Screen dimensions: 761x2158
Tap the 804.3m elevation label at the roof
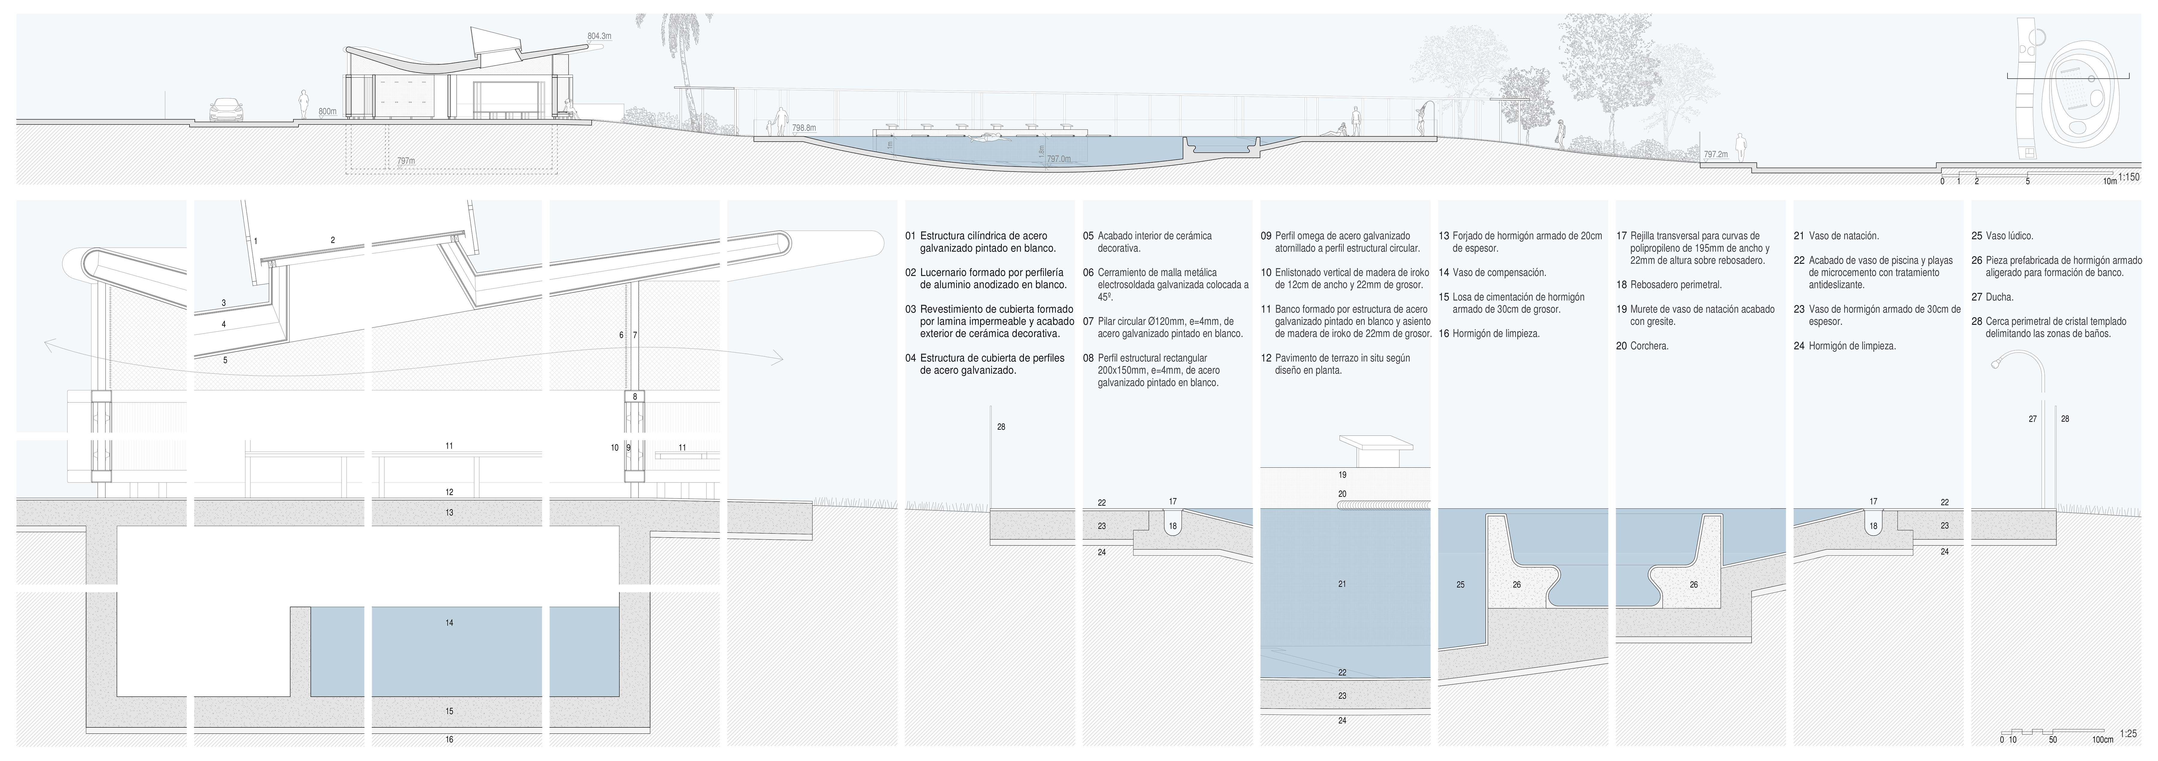click(599, 36)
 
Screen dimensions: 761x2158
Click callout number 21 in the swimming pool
click(1342, 583)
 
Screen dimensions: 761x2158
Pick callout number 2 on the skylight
click(333, 240)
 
